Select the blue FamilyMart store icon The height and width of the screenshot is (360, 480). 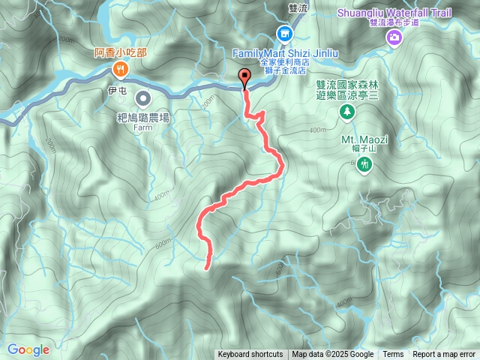coord(285,34)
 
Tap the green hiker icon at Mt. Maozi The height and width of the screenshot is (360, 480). coord(364,163)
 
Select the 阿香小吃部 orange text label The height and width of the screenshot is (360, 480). coord(121,52)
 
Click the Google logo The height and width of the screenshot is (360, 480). coord(28,349)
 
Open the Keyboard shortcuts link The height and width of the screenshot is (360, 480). coord(250,355)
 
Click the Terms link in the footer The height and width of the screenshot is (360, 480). coord(393,355)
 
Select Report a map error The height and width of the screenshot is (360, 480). coord(444,355)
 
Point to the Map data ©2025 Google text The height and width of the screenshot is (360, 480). coord(333,355)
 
